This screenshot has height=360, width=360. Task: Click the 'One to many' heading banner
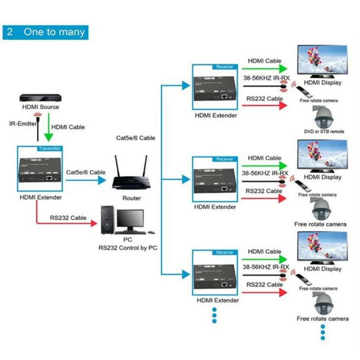point(45,32)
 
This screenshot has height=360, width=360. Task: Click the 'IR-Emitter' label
point(23,124)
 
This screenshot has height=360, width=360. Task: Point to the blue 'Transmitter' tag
point(49,148)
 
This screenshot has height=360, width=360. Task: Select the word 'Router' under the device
point(131,198)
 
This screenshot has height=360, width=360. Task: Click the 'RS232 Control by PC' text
point(128,248)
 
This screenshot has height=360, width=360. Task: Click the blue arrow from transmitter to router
point(86,180)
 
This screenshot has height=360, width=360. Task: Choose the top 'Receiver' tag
point(225,67)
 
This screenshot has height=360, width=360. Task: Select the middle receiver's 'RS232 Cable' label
point(264,191)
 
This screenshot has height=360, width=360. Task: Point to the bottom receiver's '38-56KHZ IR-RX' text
point(266,267)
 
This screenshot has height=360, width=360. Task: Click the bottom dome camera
point(323,305)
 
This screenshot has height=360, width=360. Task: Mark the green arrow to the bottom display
point(265,259)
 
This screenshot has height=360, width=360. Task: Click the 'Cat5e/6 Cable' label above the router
point(136,138)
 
